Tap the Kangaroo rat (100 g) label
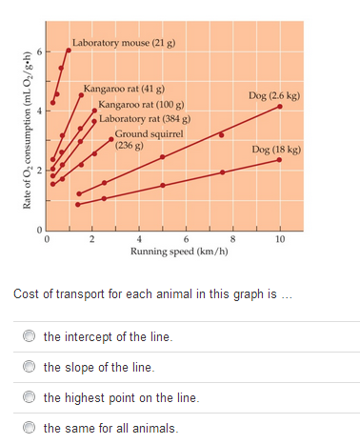point(141,103)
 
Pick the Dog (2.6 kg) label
point(274,96)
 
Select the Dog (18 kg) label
point(277,150)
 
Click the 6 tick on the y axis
point(39,50)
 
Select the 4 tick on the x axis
point(139,239)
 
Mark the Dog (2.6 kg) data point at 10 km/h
point(279,107)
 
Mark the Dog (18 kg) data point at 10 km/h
point(279,160)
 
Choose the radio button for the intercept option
point(30,336)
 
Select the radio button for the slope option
point(30,367)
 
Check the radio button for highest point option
point(30,397)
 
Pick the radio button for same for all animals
point(30,428)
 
